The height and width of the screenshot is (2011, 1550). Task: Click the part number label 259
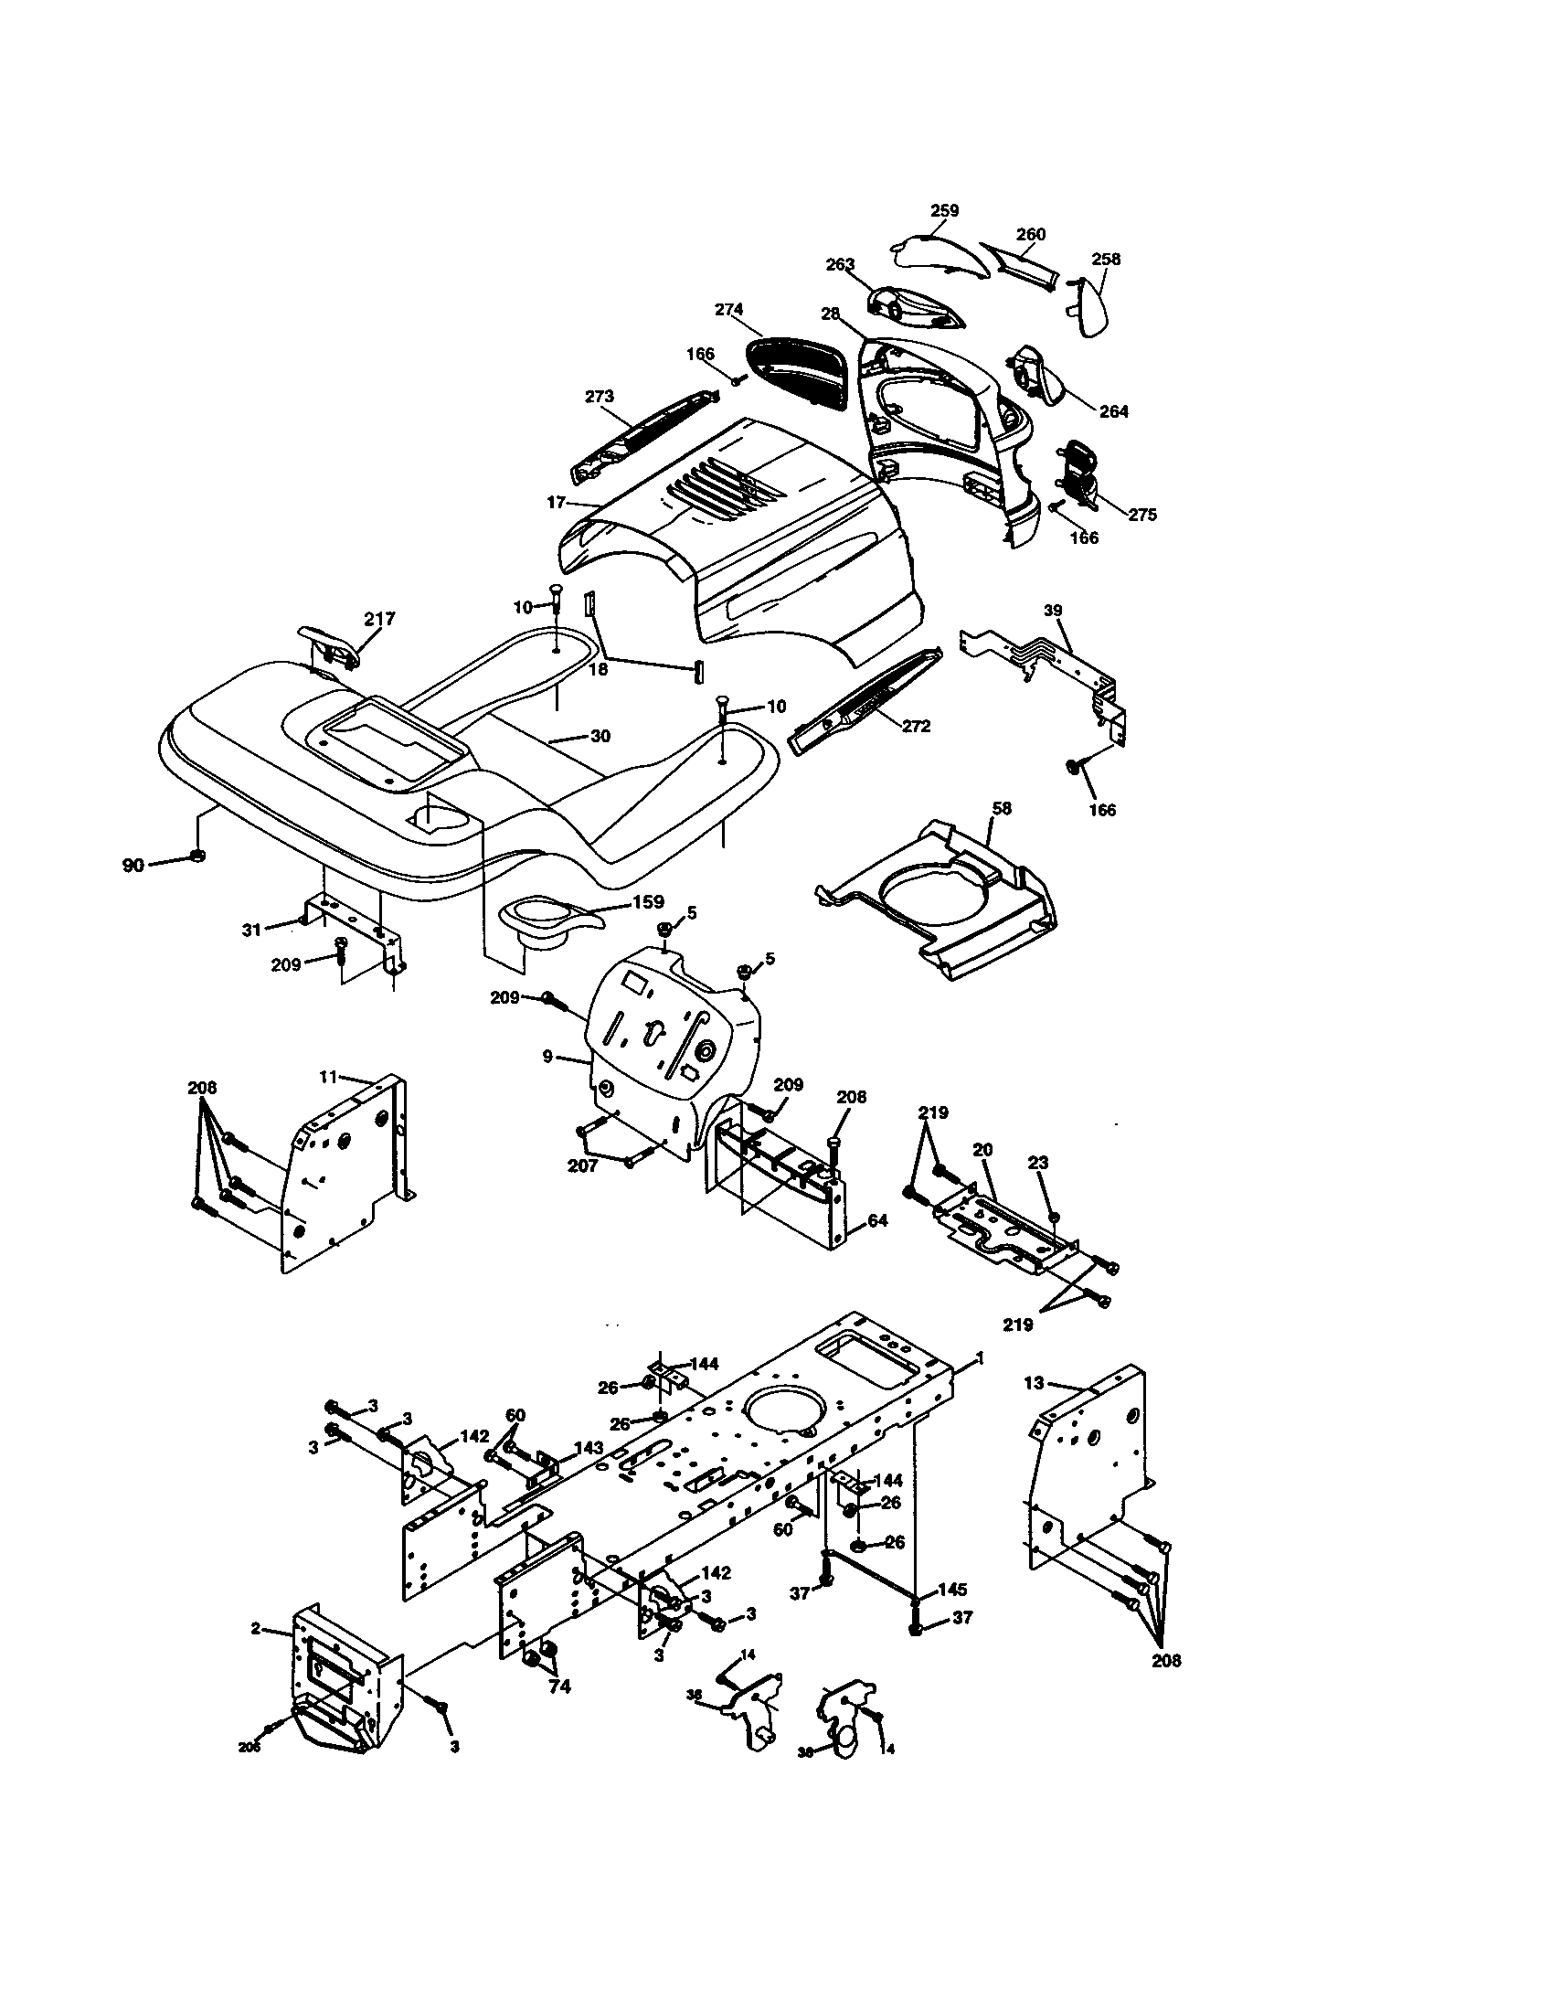tap(944, 210)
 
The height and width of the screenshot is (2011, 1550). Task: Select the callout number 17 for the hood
tap(555, 503)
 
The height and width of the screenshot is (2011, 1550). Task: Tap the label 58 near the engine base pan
tap(1002, 807)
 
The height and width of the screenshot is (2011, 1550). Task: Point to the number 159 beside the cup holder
tap(647, 902)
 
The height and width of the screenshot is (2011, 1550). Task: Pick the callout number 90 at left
tap(133, 866)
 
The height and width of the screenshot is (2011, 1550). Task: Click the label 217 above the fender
tap(379, 619)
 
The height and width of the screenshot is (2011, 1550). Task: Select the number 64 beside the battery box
tap(877, 1221)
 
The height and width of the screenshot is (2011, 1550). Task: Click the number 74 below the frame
tap(559, 1686)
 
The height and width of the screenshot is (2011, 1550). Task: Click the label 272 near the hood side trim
tap(916, 726)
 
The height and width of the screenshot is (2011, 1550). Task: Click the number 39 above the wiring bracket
tap(1053, 611)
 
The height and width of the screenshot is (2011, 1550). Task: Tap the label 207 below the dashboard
tap(583, 1165)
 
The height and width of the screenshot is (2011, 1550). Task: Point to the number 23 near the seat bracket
tap(1038, 1163)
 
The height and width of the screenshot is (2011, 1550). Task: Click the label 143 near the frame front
tap(589, 1449)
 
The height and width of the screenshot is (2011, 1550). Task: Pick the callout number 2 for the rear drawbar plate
tap(256, 1629)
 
